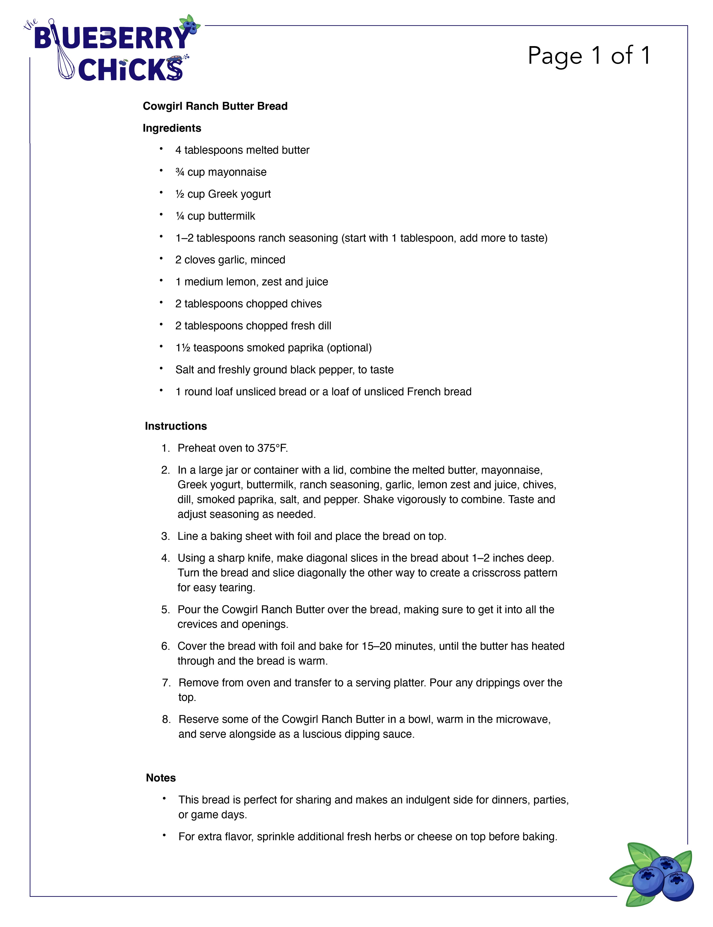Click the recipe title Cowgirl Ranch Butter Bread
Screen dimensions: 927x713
pos(215,106)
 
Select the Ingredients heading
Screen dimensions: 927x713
pos(172,128)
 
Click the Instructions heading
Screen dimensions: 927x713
pos(176,426)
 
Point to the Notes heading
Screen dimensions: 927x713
pos(161,777)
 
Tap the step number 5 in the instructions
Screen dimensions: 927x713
pos(165,610)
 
